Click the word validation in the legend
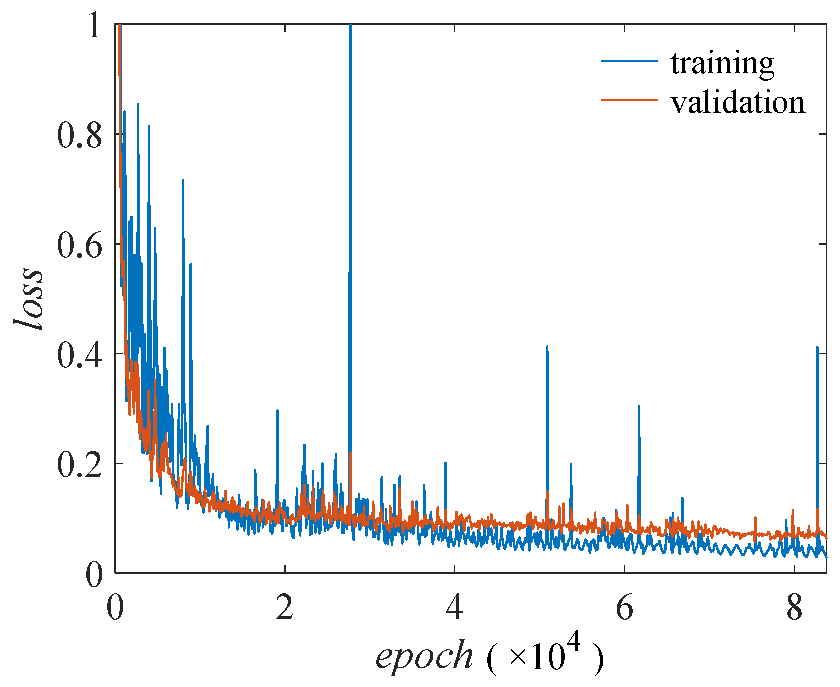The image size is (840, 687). click(x=738, y=103)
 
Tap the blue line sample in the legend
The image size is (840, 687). click(x=629, y=61)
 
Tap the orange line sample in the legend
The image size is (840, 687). click(x=629, y=100)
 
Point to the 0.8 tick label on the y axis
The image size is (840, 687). click(x=79, y=134)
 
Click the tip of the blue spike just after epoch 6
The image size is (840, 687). click(x=639, y=406)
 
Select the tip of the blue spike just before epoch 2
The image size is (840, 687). click(x=277, y=410)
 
